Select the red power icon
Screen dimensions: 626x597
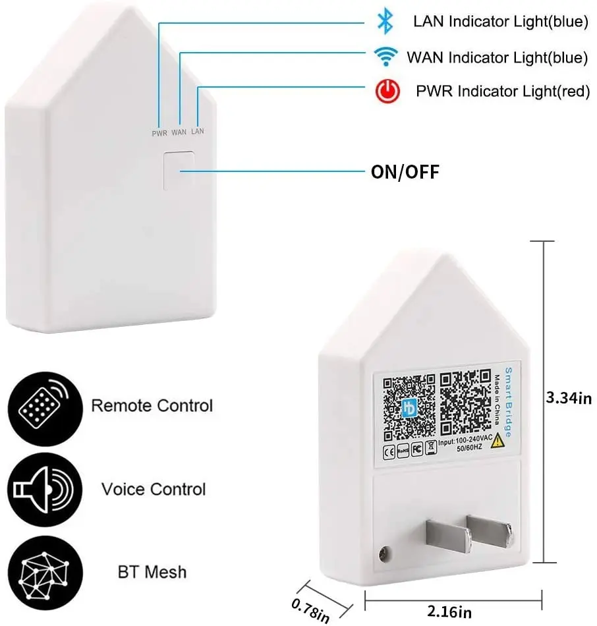[x=388, y=91]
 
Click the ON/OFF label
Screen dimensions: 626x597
[x=405, y=173]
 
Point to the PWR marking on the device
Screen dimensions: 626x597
[x=159, y=132]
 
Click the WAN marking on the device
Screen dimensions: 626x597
[x=179, y=132]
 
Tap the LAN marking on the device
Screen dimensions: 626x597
[x=198, y=132]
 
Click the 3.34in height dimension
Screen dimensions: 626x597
[x=569, y=398]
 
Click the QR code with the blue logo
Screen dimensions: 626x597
[x=409, y=407]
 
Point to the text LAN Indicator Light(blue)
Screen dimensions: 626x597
[x=500, y=22]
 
